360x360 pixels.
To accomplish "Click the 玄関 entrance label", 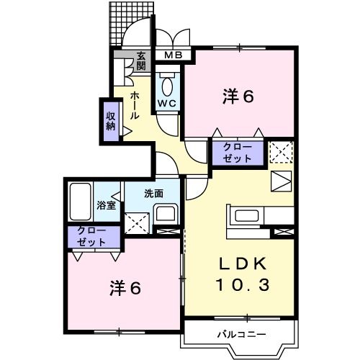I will tap(142, 60).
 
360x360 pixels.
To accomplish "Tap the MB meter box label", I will tap(173, 55).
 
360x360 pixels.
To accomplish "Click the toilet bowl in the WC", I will tap(168, 86).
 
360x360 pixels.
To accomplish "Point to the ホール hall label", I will tap(135, 105).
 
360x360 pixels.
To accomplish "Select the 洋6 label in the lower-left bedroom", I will tap(124, 289).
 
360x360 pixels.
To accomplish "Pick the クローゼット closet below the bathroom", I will tap(94, 238).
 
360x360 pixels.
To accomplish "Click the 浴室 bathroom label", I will tap(107, 205).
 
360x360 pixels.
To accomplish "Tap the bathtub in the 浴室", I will tap(80, 202).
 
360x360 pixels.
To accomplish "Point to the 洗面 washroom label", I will tap(153, 193).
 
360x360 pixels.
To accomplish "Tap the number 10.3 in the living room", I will tap(241, 284).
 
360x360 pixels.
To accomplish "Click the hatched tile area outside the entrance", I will tap(122, 25).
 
